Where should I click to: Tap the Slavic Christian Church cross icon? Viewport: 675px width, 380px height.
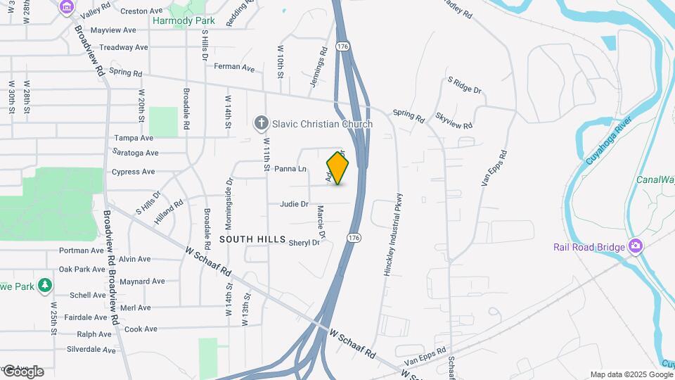tap(261, 124)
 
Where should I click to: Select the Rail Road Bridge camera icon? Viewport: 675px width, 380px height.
tap(636, 246)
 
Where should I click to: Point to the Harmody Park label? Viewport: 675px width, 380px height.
tap(184, 20)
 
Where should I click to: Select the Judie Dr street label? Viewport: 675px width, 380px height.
tap(294, 204)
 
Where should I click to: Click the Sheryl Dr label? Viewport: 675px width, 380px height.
tap(304, 243)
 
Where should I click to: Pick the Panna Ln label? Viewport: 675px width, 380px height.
tap(290, 169)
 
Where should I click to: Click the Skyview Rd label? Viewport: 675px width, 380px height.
tap(454, 120)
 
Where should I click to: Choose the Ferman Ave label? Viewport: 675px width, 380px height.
tap(234, 68)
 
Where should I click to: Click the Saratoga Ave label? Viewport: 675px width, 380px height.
tap(135, 153)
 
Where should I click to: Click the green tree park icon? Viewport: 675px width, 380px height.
tap(45, 285)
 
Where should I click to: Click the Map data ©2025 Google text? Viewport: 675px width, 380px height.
tap(631, 374)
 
